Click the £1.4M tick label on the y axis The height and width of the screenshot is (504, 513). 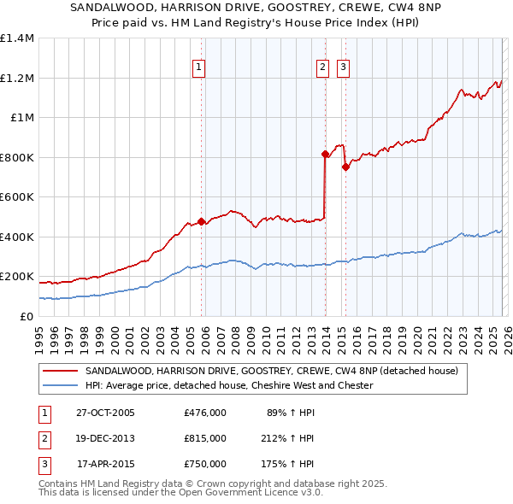tap(17, 38)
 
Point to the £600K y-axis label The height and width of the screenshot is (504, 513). tap(17, 197)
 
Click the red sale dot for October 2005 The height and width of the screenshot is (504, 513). tap(202, 222)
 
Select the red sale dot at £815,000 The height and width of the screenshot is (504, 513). tap(325, 155)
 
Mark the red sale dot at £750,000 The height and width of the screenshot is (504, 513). tap(345, 167)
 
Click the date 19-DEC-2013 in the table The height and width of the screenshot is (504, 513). tap(105, 438)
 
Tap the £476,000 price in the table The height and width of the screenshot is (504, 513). tap(205, 413)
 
